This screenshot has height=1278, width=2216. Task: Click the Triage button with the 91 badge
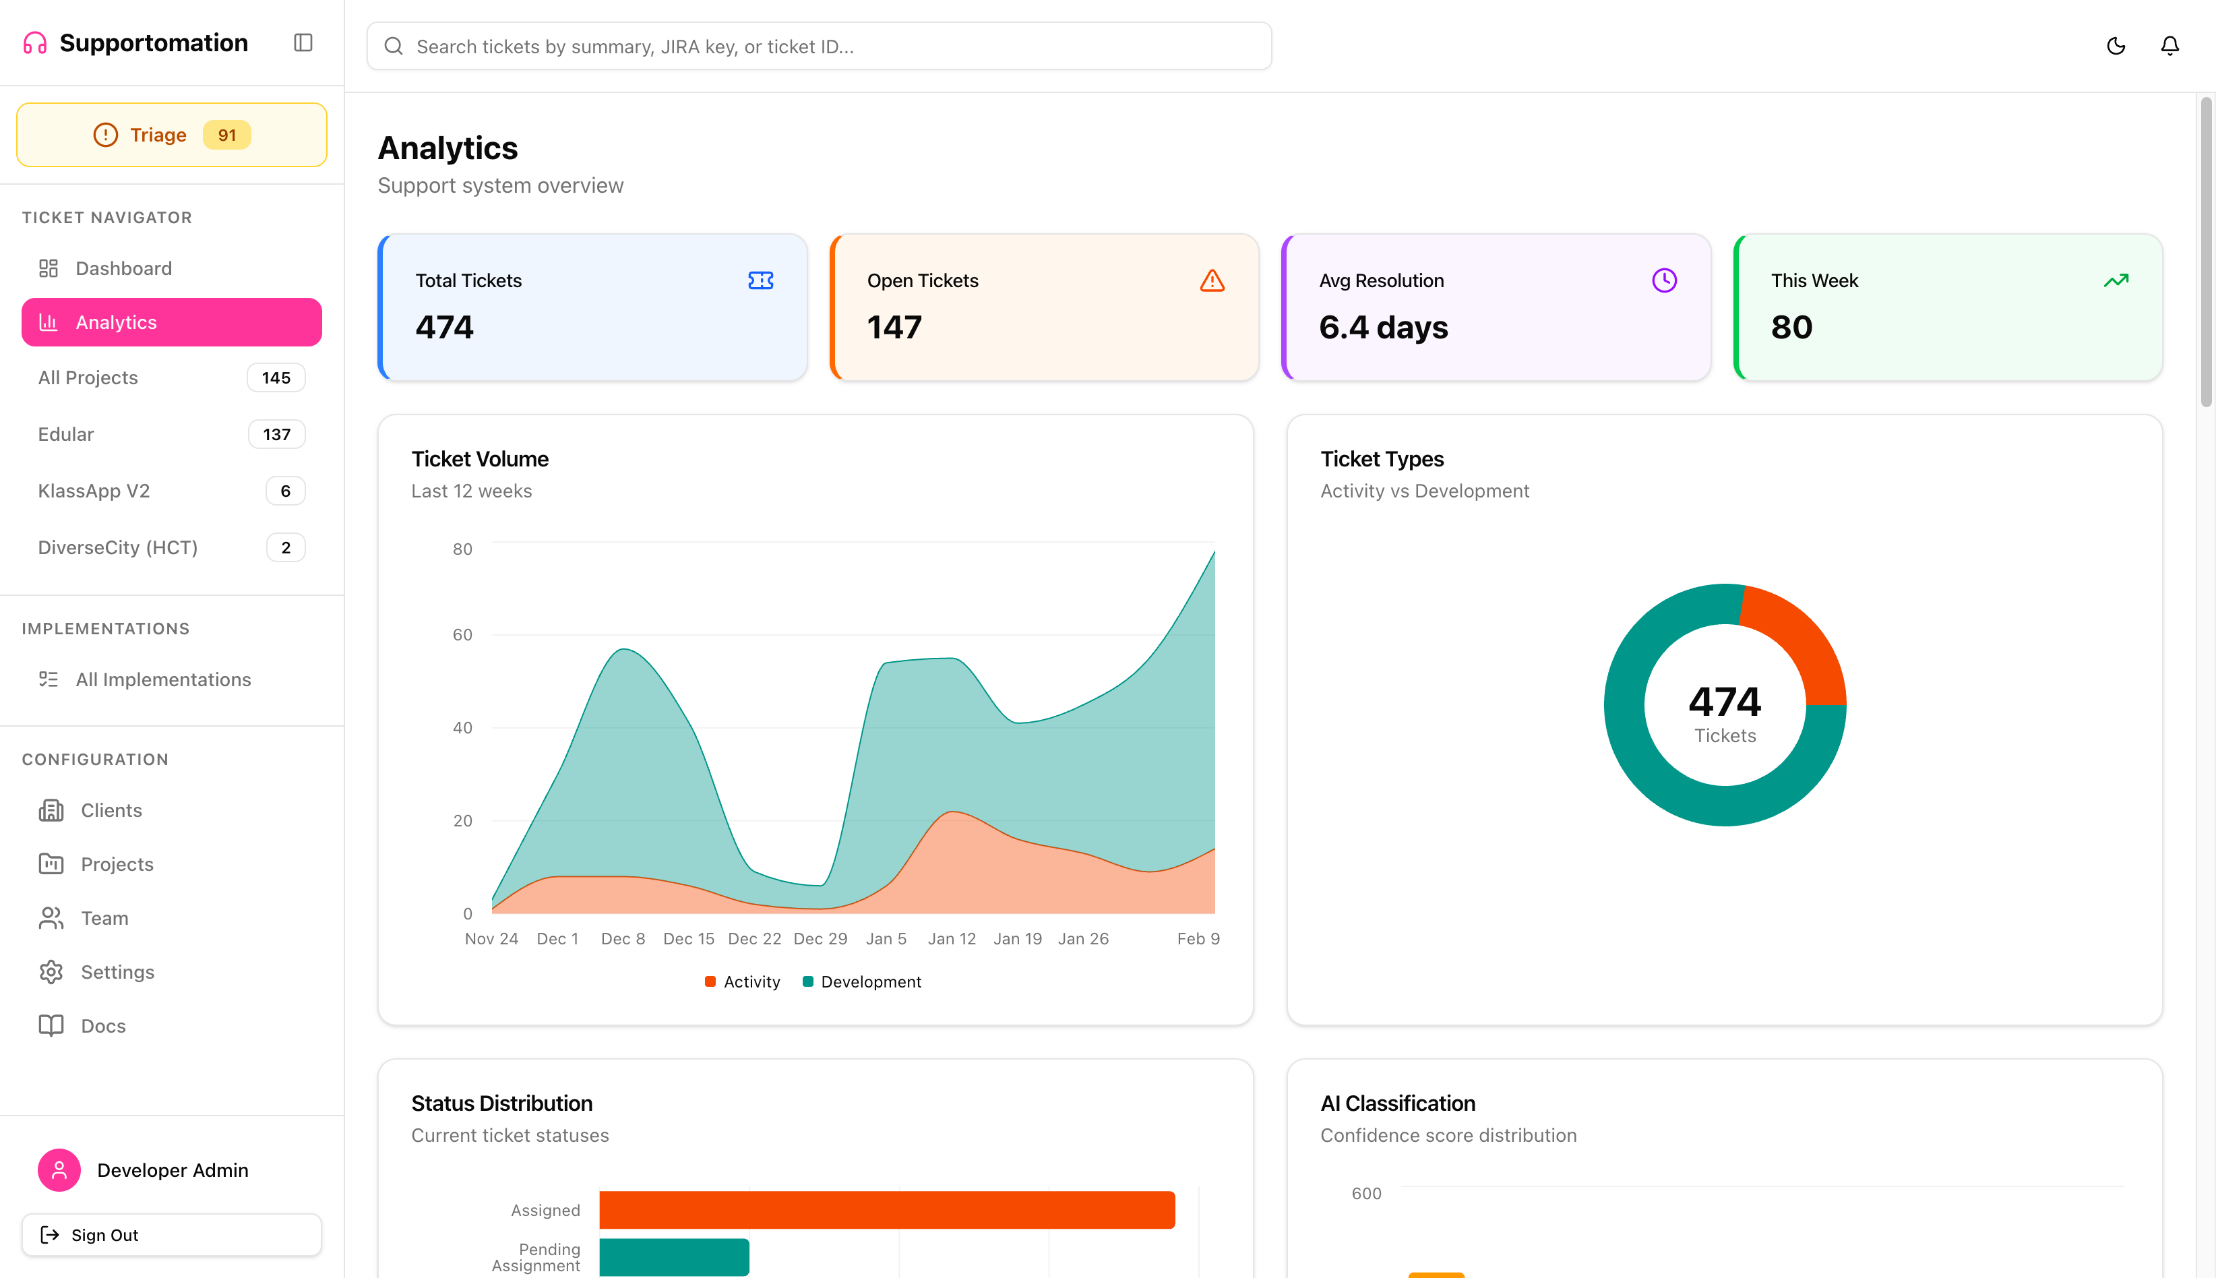pos(171,135)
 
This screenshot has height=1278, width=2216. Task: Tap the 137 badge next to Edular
pos(276,435)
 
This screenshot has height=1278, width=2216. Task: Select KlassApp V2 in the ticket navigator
pos(94,491)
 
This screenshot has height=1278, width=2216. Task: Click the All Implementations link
pos(163,679)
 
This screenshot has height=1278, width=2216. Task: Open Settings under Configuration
pos(117,972)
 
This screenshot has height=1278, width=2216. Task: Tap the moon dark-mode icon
pos(2116,46)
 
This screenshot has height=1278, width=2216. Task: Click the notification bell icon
pos(2169,46)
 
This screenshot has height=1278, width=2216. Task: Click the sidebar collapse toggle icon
pos(303,43)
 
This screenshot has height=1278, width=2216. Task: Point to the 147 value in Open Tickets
pos(894,328)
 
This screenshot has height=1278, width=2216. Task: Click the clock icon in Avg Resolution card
pos(1664,281)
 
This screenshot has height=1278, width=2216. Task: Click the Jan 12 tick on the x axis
pos(952,938)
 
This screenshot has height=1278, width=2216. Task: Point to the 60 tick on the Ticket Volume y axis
pos(462,634)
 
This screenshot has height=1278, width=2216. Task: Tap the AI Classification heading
pos(1397,1103)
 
